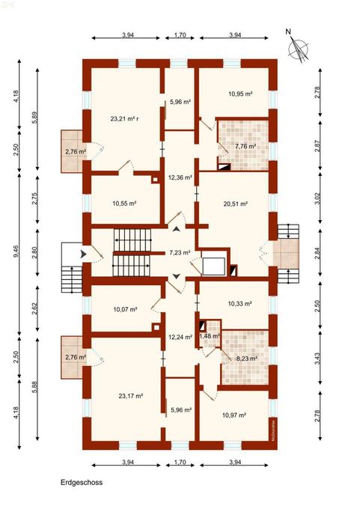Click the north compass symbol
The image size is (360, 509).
[298, 47]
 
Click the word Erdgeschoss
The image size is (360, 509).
[82, 482]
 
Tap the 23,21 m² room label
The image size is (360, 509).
[125, 119]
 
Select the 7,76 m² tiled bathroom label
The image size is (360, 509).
[245, 146]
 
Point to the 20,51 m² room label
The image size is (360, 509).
[236, 204]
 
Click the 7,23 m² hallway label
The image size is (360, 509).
[180, 252]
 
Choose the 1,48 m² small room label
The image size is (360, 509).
[210, 336]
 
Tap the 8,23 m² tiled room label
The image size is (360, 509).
[246, 359]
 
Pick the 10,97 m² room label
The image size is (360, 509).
[234, 415]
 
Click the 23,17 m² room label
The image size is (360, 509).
[131, 396]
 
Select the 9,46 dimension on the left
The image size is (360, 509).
[16, 251]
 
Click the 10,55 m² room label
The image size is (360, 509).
[124, 204]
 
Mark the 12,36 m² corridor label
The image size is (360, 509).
[180, 177]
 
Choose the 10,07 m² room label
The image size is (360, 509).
[125, 309]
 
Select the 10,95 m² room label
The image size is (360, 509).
[240, 94]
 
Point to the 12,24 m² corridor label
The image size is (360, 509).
[180, 337]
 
